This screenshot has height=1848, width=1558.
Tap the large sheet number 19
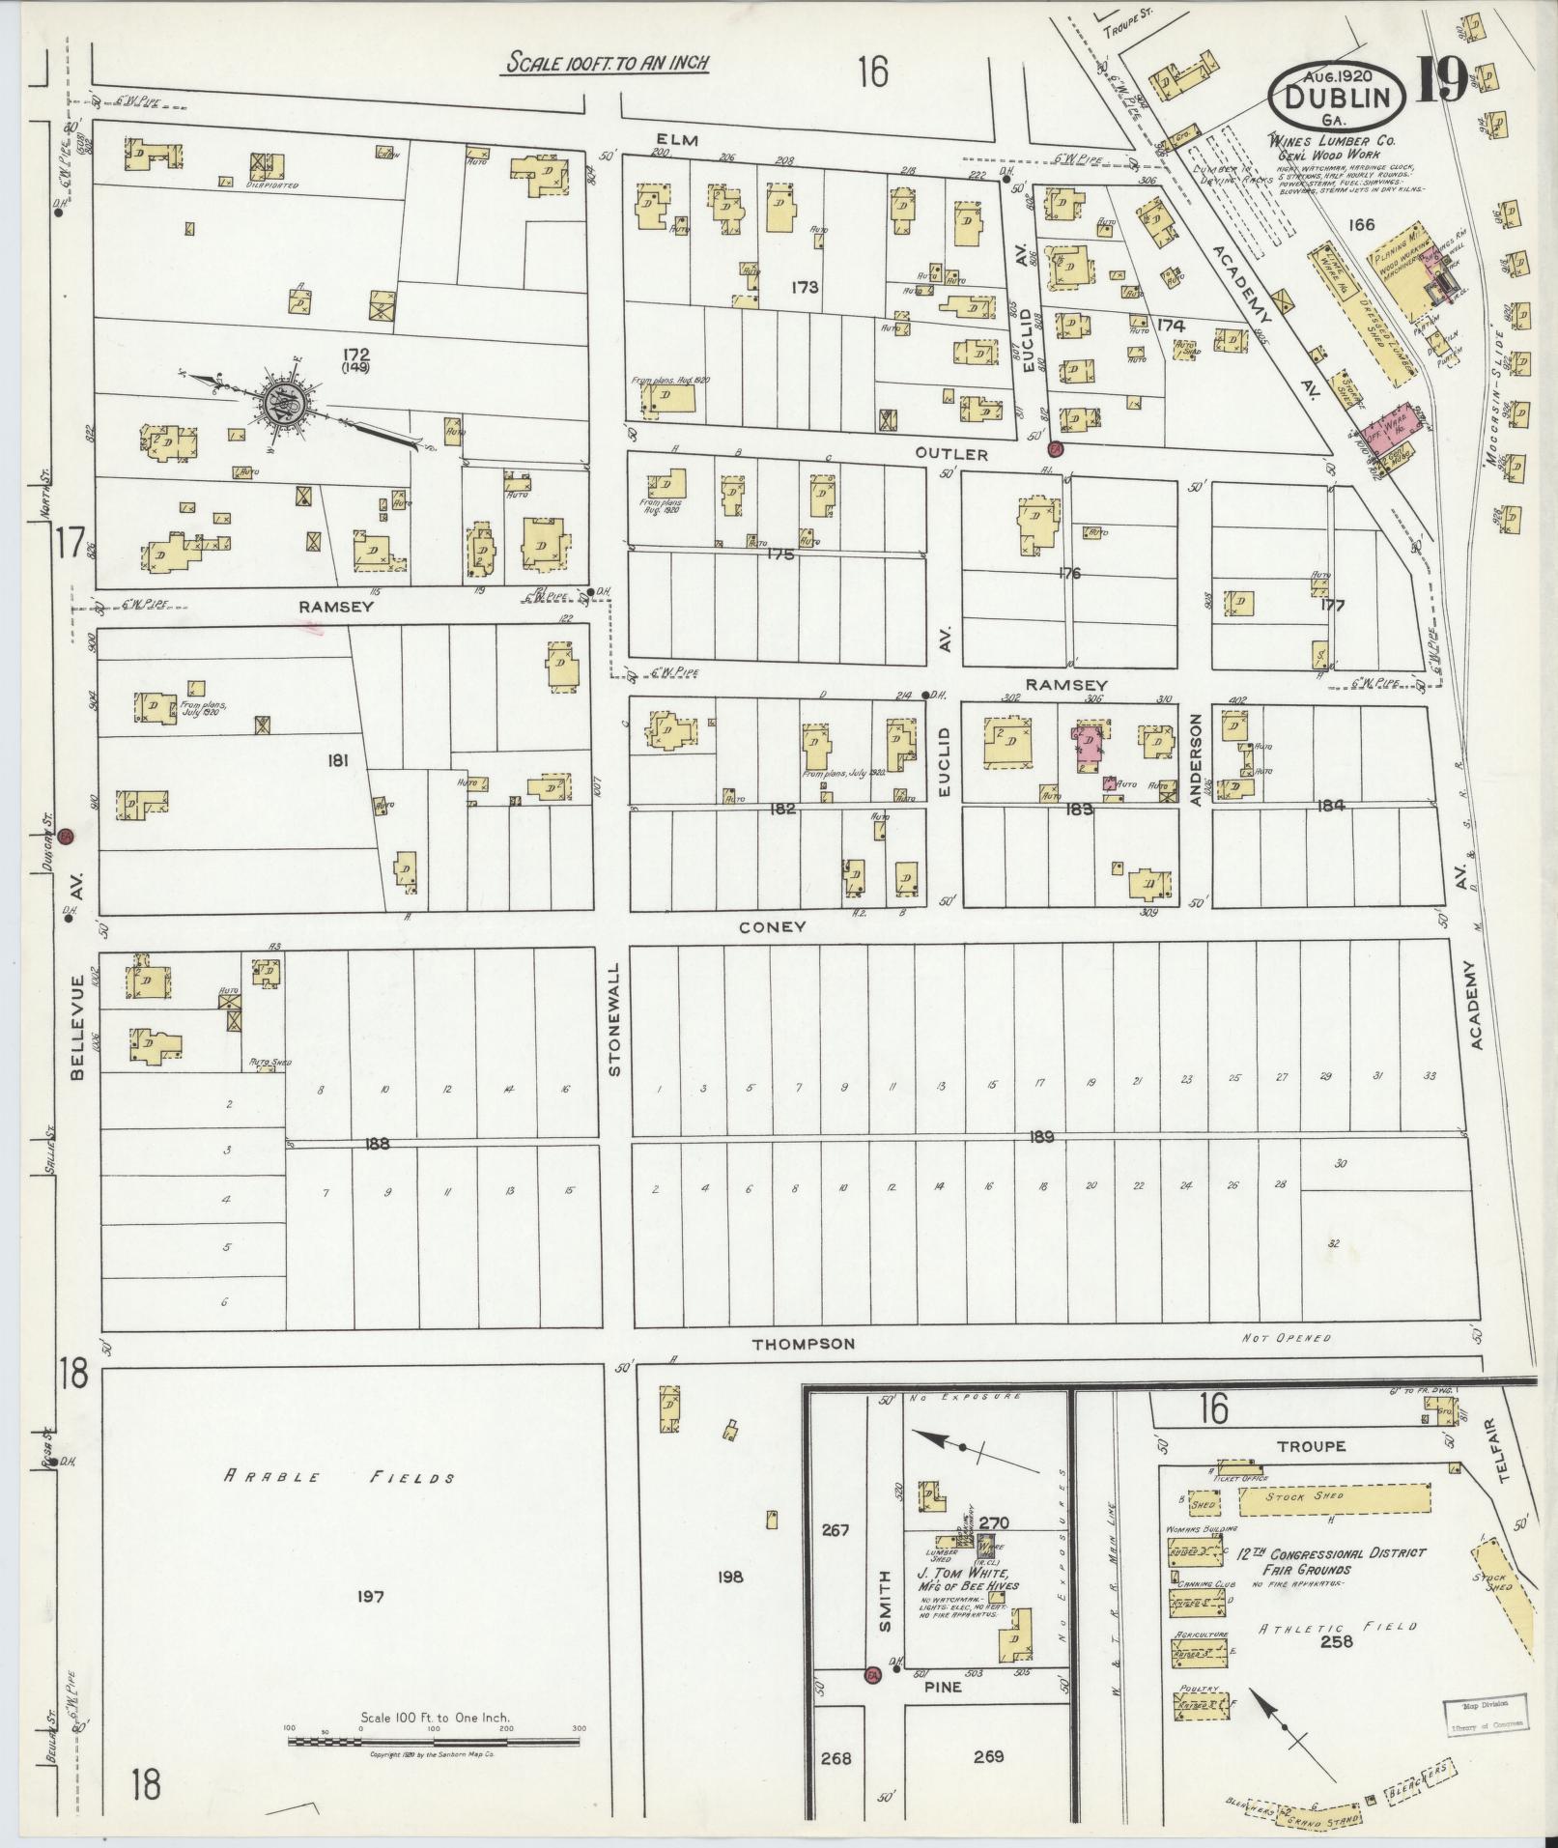coord(1442,82)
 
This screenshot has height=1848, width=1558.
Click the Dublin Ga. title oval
coord(1336,98)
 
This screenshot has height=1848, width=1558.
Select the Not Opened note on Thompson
coord(1287,1338)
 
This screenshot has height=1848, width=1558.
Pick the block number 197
coord(370,1597)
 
